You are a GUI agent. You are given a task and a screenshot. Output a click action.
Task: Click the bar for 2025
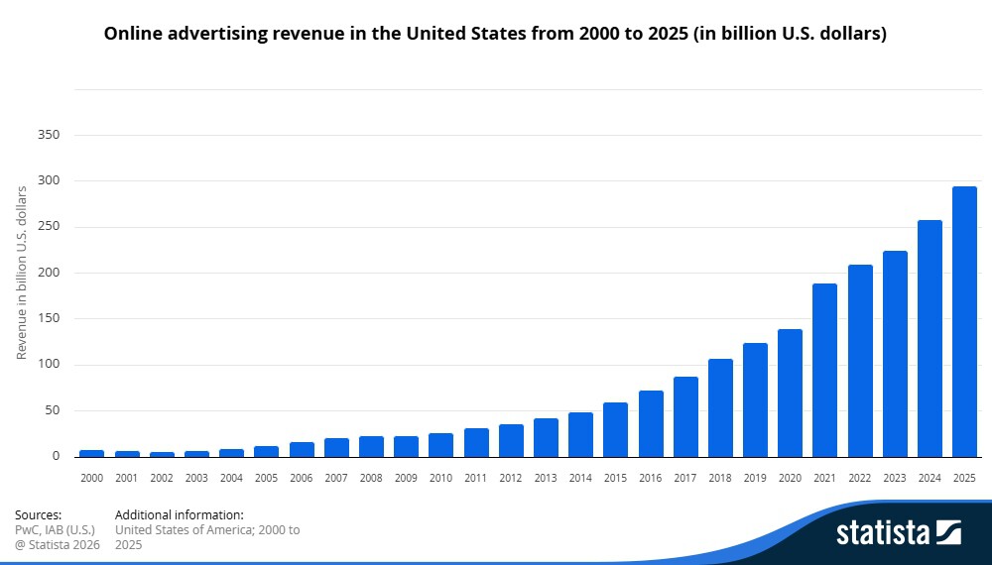tap(964, 322)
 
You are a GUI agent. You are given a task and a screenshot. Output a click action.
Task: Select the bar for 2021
tap(824, 371)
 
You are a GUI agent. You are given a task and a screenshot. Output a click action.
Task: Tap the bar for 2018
tap(720, 407)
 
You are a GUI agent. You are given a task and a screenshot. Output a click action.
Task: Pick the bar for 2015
tap(615, 430)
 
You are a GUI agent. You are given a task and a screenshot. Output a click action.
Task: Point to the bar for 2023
tap(895, 354)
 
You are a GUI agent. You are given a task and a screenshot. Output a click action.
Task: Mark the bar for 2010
tap(440, 445)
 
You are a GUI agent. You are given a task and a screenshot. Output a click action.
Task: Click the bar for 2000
tap(91, 453)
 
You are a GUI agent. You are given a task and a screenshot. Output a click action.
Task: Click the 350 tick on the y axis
tap(49, 135)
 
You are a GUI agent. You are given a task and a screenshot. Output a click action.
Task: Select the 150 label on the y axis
tap(49, 318)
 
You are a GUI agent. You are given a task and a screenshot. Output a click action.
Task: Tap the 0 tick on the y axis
tap(57, 456)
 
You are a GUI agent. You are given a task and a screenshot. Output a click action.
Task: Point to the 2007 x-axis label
tap(336, 478)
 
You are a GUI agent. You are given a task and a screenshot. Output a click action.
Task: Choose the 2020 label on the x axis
tap(790, 478)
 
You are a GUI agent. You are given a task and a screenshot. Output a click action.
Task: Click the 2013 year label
tap(546, 478)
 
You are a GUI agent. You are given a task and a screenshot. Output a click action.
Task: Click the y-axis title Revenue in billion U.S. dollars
tap(22, 273)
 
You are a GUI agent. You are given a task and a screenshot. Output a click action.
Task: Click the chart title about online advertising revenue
tap(495, 34)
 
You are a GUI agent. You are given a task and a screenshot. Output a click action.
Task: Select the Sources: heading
tap(38, 515)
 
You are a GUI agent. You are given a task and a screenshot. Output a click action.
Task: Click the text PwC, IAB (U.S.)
tap(55, 529)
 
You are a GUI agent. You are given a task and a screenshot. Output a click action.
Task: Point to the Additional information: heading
tap(179, 515)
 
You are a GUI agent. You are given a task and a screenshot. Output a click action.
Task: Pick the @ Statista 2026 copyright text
tap(58, 545)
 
